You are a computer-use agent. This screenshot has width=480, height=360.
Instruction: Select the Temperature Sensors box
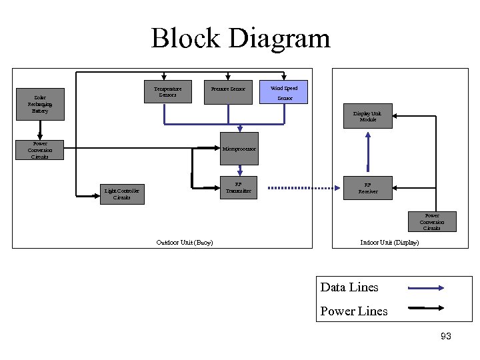coord(167,92)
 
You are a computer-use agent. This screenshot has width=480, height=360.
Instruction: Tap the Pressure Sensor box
coord(228,89)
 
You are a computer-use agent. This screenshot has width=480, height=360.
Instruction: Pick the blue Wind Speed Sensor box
coord(285,93)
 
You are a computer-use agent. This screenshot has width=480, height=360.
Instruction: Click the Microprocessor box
coord(239,149)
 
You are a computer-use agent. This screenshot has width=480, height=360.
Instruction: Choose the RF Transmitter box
coord(238,188)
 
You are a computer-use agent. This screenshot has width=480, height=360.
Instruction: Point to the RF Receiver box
coord(367,188)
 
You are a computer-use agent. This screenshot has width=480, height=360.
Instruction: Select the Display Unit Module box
coord(367,116)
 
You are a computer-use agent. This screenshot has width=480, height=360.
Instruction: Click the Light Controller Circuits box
coord(122,194)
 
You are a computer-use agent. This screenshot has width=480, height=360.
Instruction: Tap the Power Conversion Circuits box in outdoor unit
coord(39,150)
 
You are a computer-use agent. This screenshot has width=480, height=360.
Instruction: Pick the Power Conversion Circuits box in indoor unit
coord(431,222)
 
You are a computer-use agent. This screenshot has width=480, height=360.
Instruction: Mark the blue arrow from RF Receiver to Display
coord(367,153)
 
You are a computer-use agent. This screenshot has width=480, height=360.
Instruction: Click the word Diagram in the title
coord(279,38)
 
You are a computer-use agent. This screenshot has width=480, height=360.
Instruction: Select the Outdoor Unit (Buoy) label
coord(184,243)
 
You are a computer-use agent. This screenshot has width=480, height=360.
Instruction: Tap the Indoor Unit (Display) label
coord(389,243)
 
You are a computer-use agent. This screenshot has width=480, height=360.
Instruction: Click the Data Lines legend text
coord(349,287)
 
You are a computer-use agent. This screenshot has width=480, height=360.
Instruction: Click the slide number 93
coord(446,337)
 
